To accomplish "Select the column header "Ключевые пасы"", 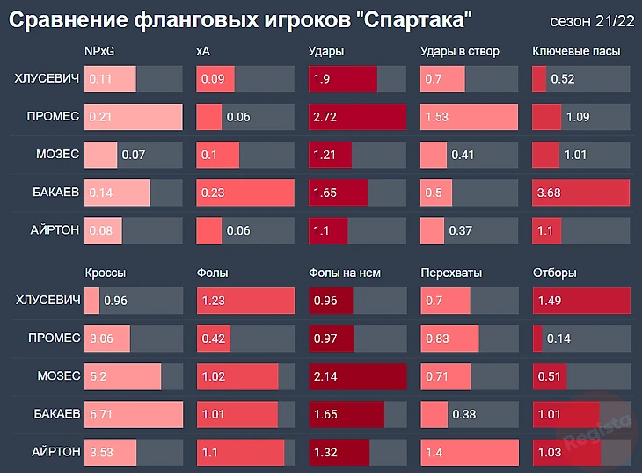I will [576, 52].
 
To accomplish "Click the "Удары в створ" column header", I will [460, 52].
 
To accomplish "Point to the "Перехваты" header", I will [451, 273].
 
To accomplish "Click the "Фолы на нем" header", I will [345, 273].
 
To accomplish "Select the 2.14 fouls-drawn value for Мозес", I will [327, 376].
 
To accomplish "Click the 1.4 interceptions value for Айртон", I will [434, 451].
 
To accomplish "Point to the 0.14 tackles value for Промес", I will [558, 339].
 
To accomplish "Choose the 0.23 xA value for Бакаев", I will [213, 192].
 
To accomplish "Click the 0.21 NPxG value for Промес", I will [102, 117].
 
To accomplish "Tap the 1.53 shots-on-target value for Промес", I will [437, 117].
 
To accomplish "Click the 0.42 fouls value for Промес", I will [213, 339].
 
